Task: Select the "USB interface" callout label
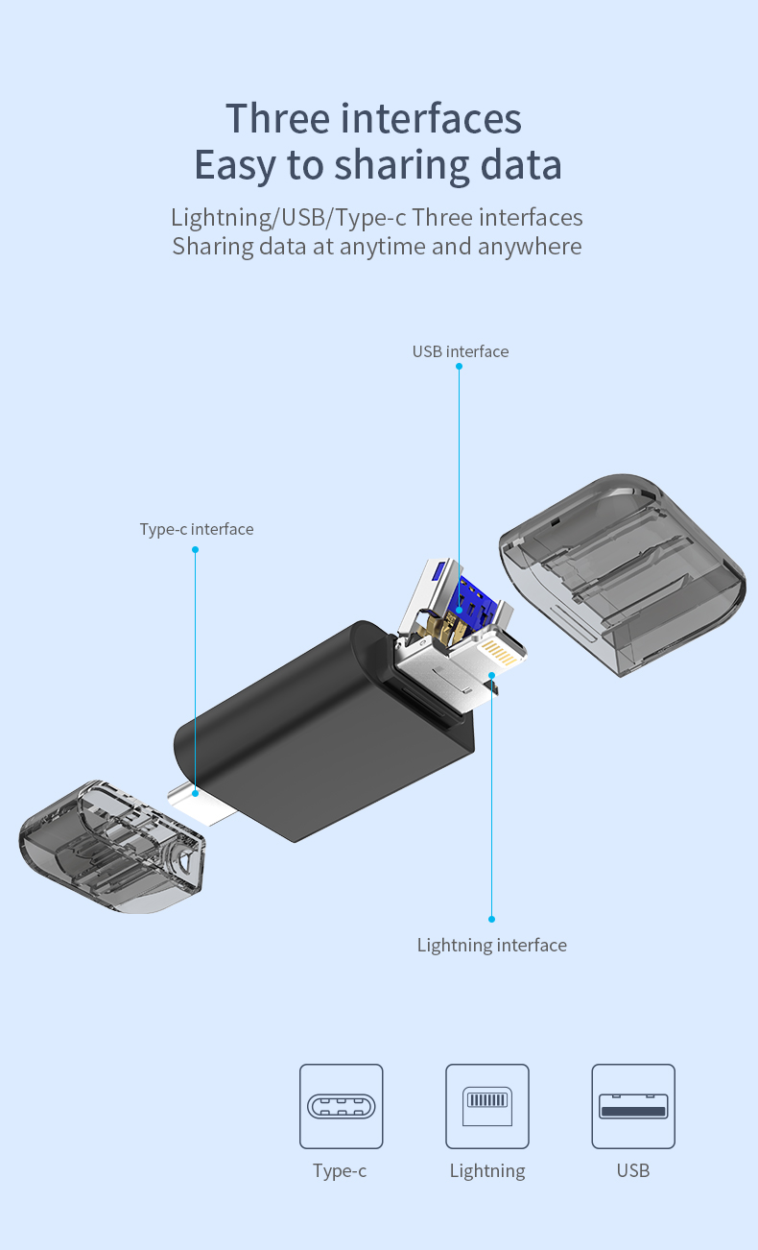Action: point(461,351)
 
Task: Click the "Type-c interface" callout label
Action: point(197,529)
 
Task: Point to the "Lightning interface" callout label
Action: point(491,945)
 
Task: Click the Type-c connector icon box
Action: point(341,1106)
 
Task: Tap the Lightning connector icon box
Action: point(487,1106)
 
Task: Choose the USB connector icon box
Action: point(633,1106)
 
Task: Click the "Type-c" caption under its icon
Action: point(340,1170)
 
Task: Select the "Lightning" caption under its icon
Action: point(487,1170)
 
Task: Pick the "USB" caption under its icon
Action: point(633,1170)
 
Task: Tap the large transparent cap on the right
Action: point(624,576)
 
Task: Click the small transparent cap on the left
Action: point(110,845)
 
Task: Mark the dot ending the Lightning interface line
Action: point(491,919)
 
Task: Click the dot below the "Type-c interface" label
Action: point(195,550)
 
